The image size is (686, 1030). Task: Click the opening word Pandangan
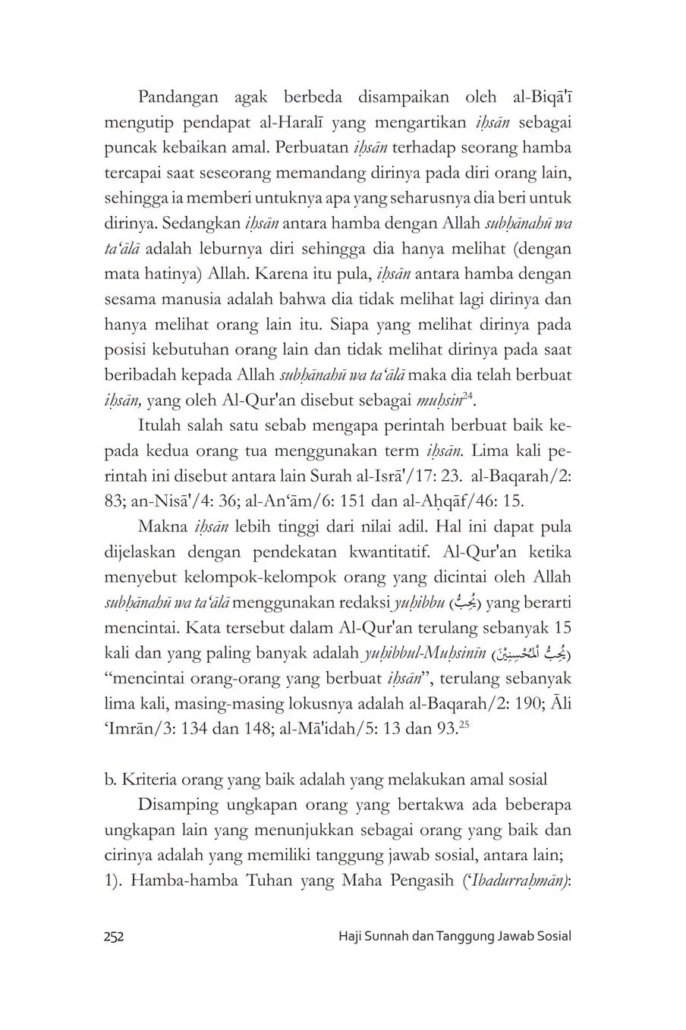pyautogui.click(x=177, y=97)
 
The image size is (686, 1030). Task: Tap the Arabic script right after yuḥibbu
pyautogui.click(x=461, y=604)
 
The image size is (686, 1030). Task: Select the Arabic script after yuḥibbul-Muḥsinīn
pyautogui.click(x=531, y=654)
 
